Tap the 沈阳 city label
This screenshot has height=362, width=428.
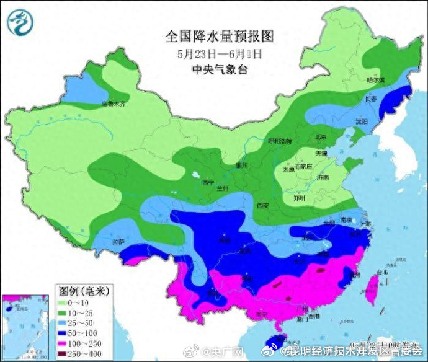(x=362, y=121)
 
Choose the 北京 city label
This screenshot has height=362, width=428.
(x=321, y=137)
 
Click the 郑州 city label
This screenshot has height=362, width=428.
(x=300, y=198)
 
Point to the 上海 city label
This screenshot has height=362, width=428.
(x=364, y=224)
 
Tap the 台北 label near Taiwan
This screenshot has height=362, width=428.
(x=381, y=271)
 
